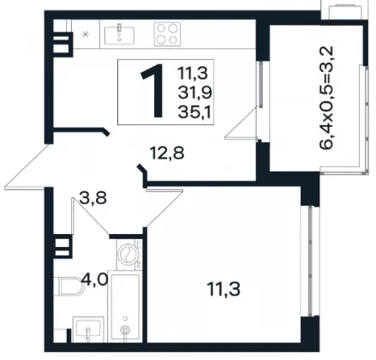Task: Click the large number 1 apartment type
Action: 152,91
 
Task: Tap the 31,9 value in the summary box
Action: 195,93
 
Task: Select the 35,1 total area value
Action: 194,111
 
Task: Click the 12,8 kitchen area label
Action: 167,153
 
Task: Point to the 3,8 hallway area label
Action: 93,198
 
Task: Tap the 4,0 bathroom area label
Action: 94,279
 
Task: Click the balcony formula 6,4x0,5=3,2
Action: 326,98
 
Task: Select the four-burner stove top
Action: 167,34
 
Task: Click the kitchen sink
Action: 119,35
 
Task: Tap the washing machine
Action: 129,255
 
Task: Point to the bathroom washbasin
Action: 88,329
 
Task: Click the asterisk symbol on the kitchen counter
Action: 85,34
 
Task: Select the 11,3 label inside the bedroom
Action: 224,289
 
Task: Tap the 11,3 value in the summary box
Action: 193,73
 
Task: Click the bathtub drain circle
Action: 125,329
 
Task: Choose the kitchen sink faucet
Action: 120,31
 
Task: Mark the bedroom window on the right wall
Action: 310,261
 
